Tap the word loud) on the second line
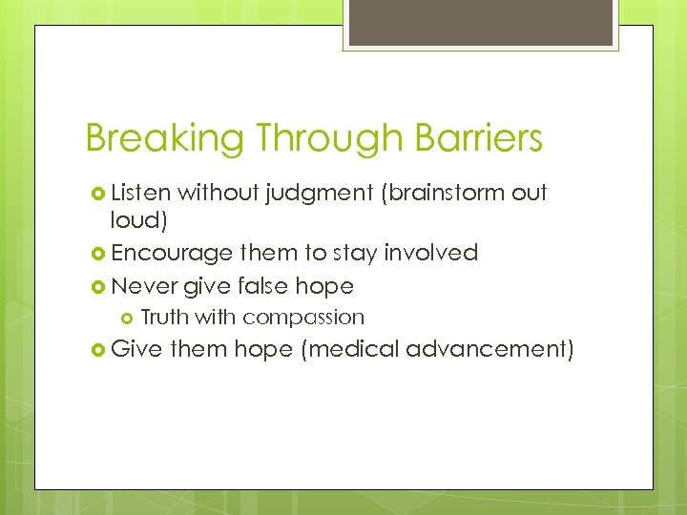(x=136, y=221)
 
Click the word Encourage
(x=172, y=254)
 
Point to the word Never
(x=144, y=285)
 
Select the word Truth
(x=163, y=317)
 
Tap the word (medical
(x=349, y=349)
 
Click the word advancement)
(x=489, y=349)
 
